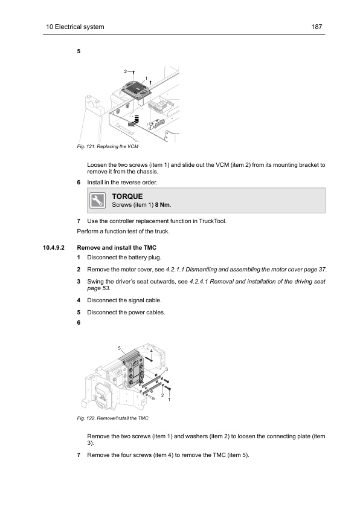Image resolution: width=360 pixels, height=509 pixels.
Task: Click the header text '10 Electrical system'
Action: [x=76, y=27]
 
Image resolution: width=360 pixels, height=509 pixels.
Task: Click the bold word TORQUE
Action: [x=127, y=196]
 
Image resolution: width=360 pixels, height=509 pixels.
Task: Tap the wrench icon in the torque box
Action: [x=96, y=201]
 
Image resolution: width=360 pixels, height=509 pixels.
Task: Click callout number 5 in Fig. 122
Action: [x=120, y=348]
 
